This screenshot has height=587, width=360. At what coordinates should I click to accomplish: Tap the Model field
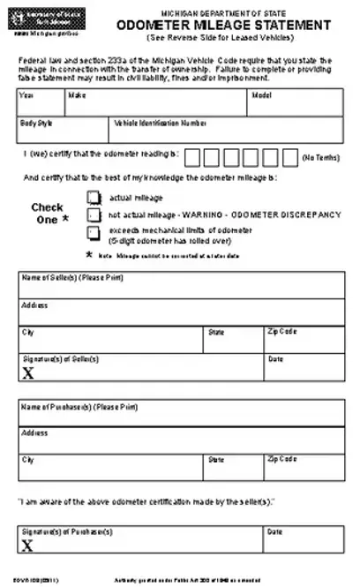point(296,103)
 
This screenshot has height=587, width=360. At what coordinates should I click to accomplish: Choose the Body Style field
point(63,131)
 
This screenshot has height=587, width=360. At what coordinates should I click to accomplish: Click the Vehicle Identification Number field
point(226,131)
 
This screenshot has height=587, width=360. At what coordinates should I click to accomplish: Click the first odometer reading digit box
point(192,156)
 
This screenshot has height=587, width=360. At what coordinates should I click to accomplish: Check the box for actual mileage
point(93,199)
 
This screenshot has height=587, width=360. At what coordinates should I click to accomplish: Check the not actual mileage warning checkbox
point(93,214)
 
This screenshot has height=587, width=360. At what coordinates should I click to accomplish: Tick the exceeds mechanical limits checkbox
point(93,231)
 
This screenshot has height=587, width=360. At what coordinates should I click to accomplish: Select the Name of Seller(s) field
point(180,286)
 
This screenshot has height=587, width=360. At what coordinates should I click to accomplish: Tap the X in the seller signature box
point(28,373)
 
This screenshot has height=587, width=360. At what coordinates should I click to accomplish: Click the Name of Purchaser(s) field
point(180,413)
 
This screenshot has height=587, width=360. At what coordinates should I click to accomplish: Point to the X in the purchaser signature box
point(28,546)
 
